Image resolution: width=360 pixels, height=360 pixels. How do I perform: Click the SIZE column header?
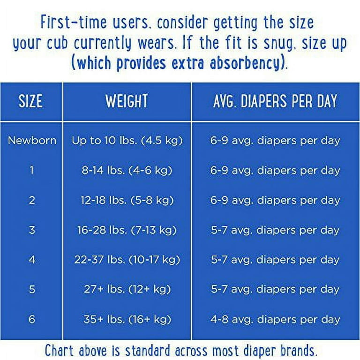pyautogui.click(x=30, y=101)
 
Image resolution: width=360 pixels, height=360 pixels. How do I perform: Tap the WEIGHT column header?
pyautogui.click(x=127, y=101)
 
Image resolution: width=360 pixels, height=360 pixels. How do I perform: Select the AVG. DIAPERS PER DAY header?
pyautogui.click(x=275, y=101)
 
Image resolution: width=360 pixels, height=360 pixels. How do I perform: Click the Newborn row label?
pyautogui.click(x=32, y=140)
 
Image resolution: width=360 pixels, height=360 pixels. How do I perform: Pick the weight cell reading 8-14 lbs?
pyautogui.click(x=127, y=170)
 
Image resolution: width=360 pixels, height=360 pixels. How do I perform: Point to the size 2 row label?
pyautogui.click(x=32, y=200)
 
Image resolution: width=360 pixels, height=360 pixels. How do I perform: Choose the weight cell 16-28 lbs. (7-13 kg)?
pyautogui.click(x=127, y=230)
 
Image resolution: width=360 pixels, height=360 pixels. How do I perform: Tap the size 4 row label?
pyautogui.click(x=32, y=260)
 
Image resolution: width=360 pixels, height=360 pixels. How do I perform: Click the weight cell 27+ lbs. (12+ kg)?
pyautogui.click(x=127, y=289)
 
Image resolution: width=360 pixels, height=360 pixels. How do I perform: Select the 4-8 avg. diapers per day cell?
pyautogui.click(x=275, y=319)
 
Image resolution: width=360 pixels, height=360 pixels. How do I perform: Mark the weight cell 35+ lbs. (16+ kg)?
pyautogui.click(x=127, y=319)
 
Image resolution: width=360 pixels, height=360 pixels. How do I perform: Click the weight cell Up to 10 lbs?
pyautogui.click(x=127, y=141)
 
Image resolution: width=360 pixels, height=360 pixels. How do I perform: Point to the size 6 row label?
pyautogui.click(x=32, y=319)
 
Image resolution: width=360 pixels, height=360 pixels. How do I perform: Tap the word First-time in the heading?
pyautogui.click(x=74, y=22)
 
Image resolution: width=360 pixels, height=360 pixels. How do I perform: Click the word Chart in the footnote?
pyautogui.click(x=60, y=350)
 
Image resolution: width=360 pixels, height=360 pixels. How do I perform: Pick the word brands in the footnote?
pyautogui.click(x=298, y=350)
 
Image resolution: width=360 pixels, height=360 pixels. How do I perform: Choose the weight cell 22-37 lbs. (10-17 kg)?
pyautogui.click(x=127, y=260)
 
